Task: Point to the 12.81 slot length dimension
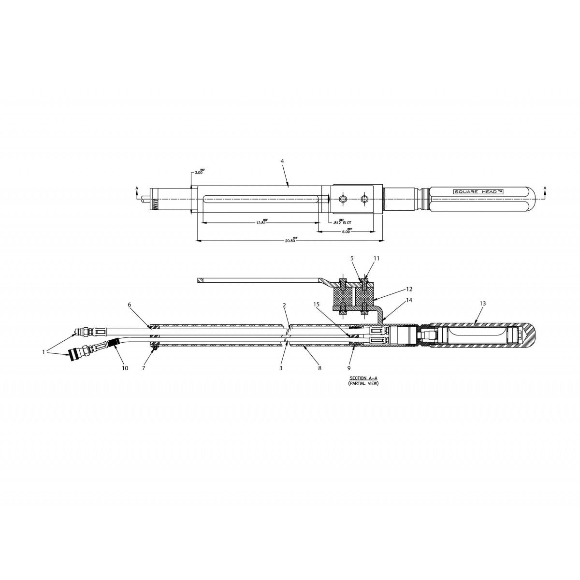point(261,223)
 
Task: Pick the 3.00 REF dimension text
point(199,173)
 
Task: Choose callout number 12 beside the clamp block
point(409,289)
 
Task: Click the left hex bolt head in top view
point(343,198)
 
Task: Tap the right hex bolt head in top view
point(365,198)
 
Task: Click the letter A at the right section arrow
point(545,188)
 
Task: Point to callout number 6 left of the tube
point(129,304)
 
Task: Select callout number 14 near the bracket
point(409,300)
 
